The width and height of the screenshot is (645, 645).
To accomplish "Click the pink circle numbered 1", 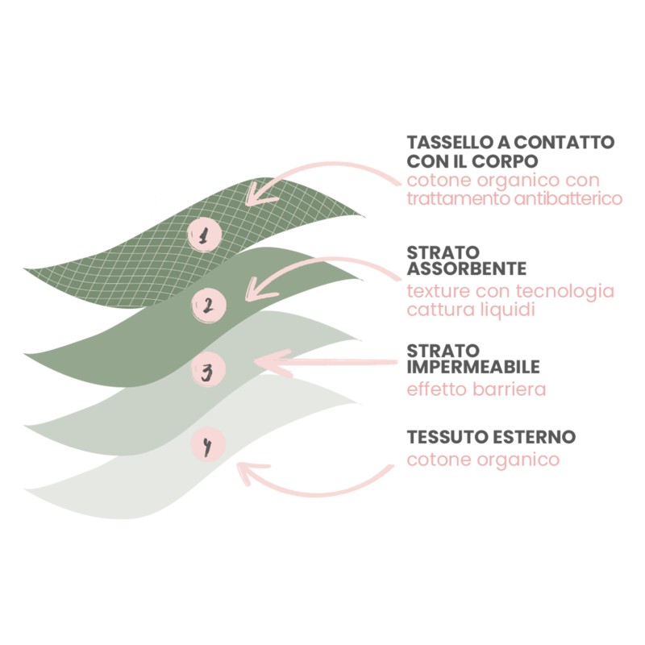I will point(205,235).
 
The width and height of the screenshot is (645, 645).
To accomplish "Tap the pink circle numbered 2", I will point(207,305).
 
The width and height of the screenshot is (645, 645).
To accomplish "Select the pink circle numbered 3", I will point(207,372).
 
